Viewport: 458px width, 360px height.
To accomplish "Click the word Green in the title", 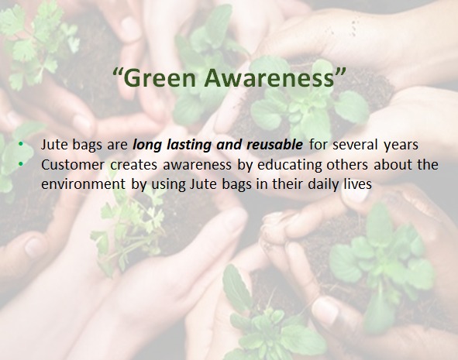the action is click(x=160, y=78).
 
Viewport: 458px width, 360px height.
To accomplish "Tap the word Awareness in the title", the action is click(x=269, y=78).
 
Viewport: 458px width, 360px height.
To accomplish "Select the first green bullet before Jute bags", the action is click(x=20, y=144).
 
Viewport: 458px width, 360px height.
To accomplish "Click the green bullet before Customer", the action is click(x=20, y=164).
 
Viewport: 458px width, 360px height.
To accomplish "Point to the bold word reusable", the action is click(x=274, y=145).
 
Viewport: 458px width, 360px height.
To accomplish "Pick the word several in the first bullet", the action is click(x=356, y=145).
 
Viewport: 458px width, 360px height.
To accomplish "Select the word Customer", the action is click(x=73, y=165).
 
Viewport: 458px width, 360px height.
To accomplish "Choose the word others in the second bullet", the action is click(x=347, y=165).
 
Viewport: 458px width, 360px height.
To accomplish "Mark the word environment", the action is click(x=83, y=184).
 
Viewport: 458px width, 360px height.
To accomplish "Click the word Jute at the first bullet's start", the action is click(x=54, y=145).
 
